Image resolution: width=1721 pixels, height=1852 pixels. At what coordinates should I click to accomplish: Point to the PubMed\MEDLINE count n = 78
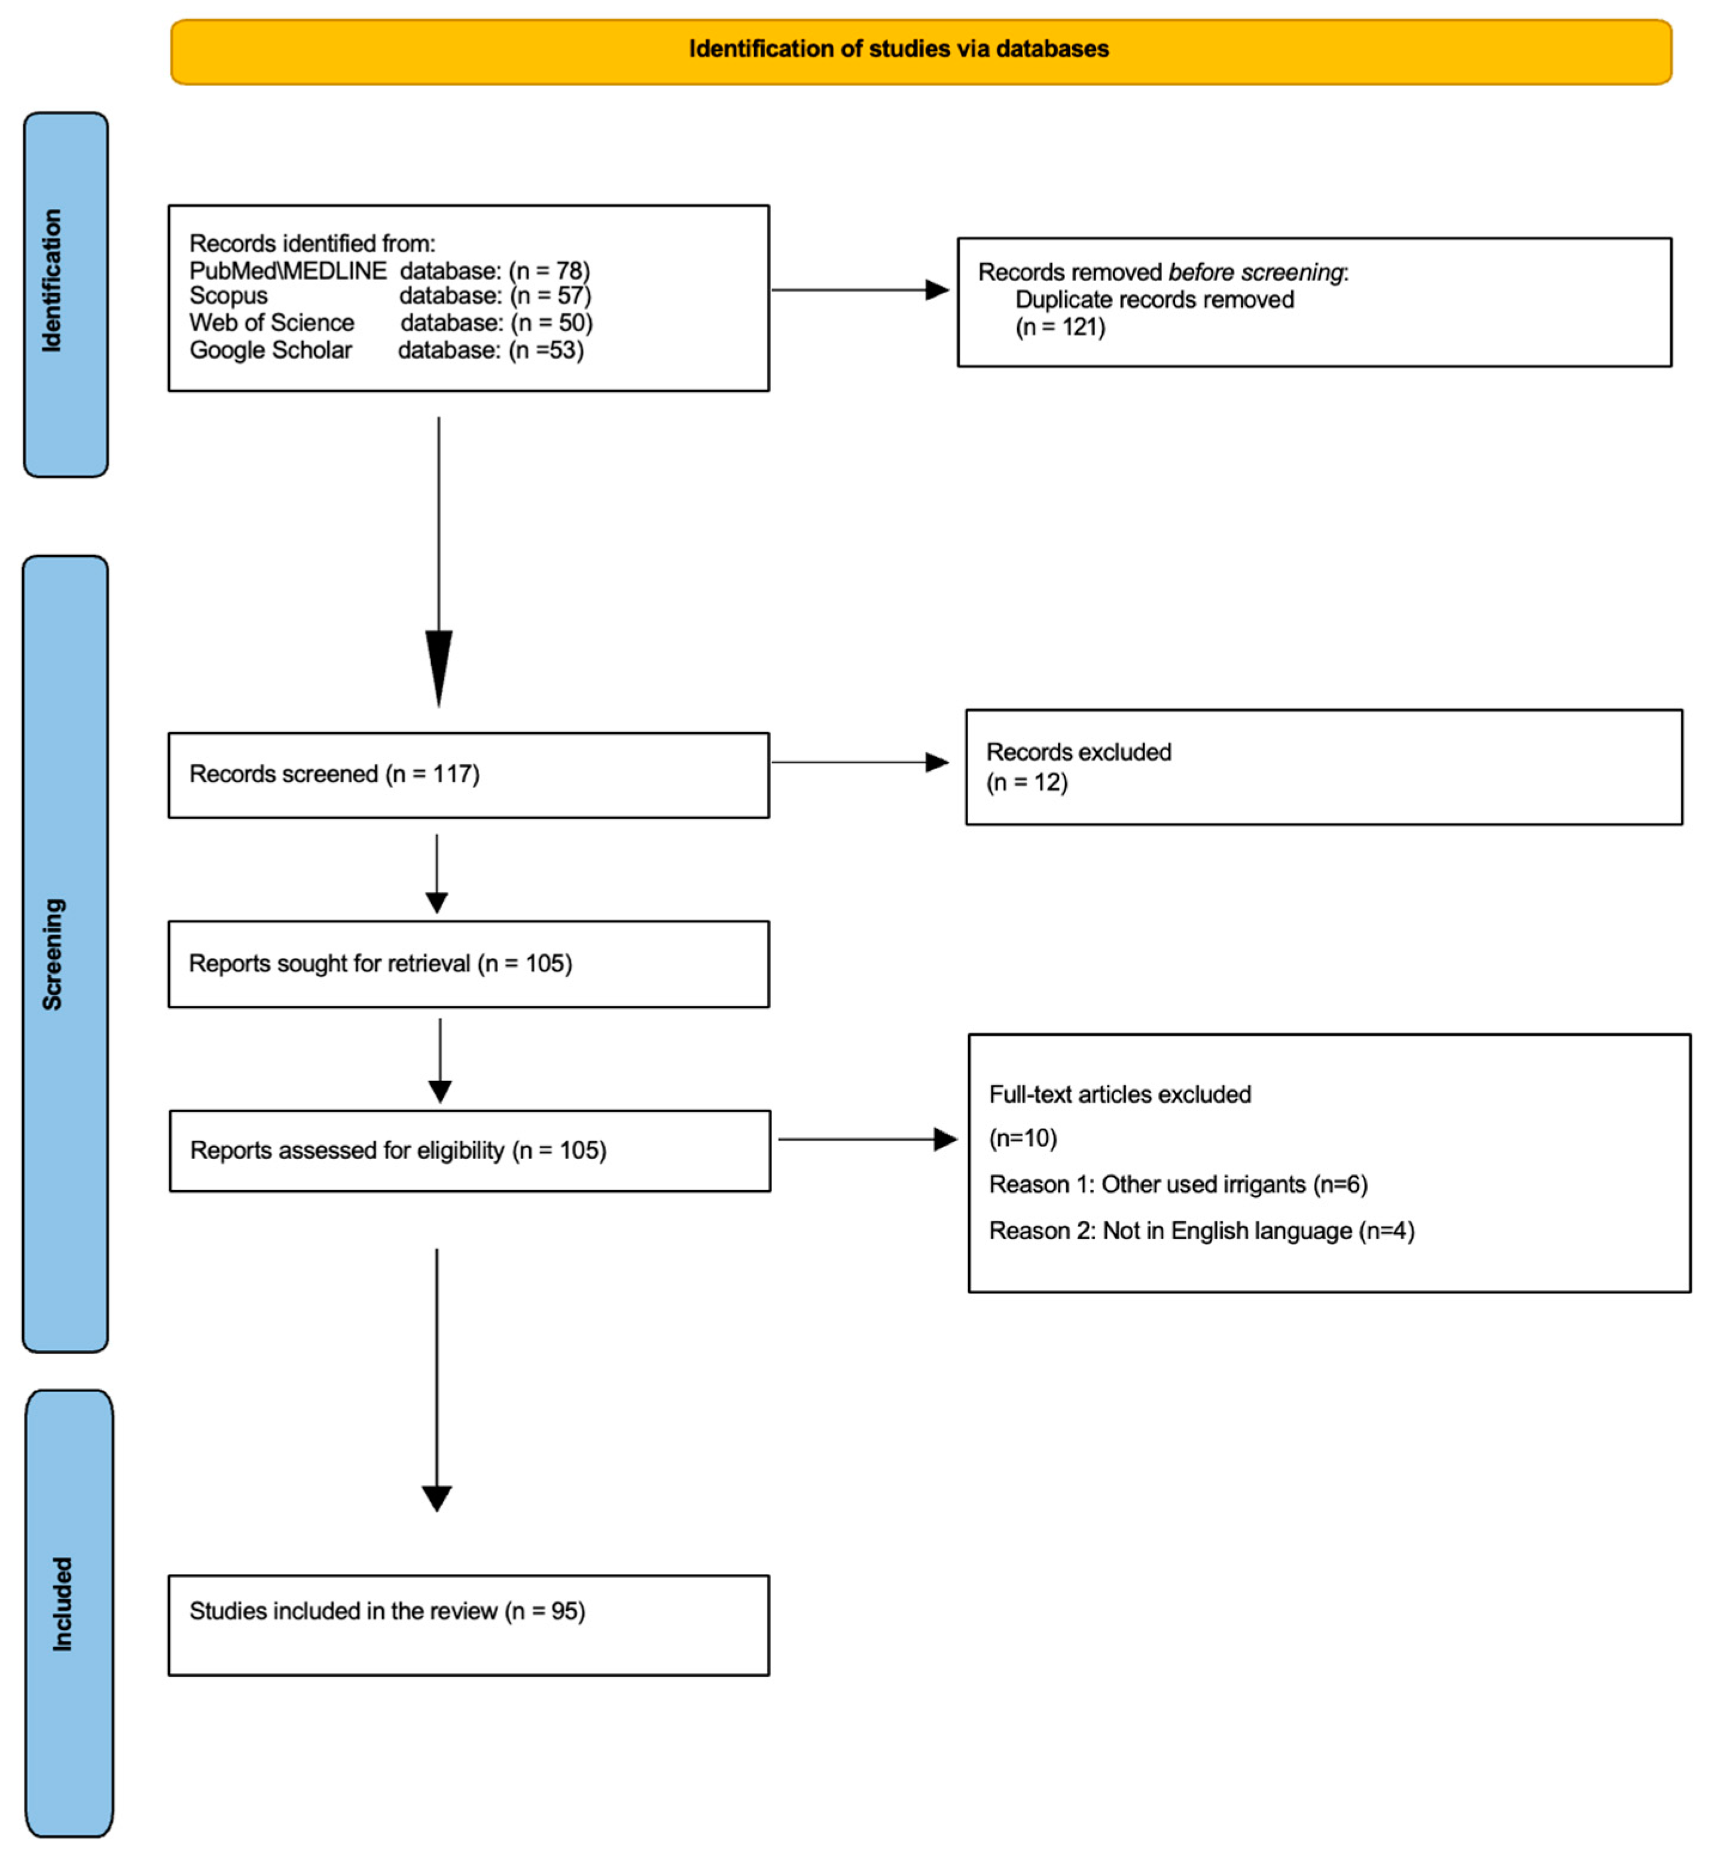coord(550,270)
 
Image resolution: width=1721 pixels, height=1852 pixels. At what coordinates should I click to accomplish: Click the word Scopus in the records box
coord(228,295)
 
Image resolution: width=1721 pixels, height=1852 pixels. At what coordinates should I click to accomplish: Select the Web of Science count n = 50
coord(551,322)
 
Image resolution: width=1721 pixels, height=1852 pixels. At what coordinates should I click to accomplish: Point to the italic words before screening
coord(1255,272)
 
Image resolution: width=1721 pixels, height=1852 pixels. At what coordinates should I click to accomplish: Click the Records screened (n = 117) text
coord(334,774)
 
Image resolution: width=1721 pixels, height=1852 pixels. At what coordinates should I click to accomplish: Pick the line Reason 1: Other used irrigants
coord(1177,1185)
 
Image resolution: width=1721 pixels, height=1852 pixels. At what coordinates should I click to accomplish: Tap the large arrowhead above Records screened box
coord(439,665)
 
